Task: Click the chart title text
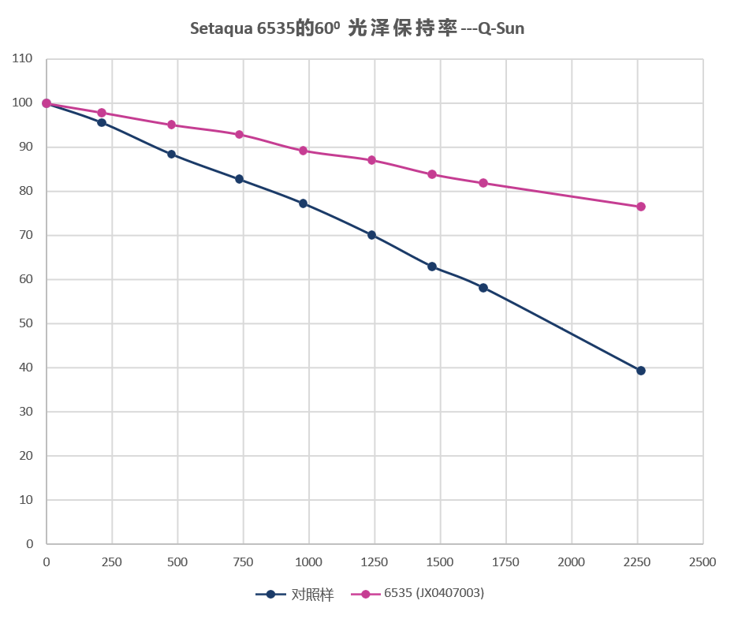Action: tap(357, 29)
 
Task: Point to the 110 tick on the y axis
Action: tap(23, 58)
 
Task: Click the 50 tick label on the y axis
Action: tap(26, 323)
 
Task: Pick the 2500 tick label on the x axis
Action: tap(702, 562)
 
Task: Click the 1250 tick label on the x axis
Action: tap(375, 562)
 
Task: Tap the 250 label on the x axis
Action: tap(112, 562)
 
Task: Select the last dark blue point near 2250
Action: tap(641, 371)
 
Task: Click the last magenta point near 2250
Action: tap(641, 207)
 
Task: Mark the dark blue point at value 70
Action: tap(371, 235)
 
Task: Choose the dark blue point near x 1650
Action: tap(483, 288)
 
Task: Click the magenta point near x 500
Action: tap(171, 125)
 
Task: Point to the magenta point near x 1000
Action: tap(303, 151)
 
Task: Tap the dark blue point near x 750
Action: tap(239, 179)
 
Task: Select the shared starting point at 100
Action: tap(47, 103)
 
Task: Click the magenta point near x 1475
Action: tap(432, 174)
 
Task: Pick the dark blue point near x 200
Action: tap(102, 122)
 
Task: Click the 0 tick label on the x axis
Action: tap(47, 562)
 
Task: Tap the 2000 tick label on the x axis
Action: tap(571, 562)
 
